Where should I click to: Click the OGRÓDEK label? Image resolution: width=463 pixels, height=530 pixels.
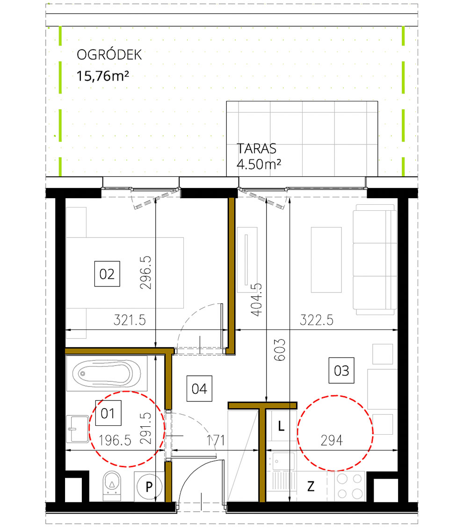(109, 55)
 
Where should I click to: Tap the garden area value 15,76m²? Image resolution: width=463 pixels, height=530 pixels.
(103, 76)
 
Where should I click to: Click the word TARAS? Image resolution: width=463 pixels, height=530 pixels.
(257, 149)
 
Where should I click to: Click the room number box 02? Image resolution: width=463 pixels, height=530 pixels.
(107, 274)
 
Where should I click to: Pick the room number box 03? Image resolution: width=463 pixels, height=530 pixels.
(341, 371)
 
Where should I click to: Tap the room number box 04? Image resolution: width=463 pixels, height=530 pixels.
(199, 389)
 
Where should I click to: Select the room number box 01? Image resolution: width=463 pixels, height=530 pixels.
(108, 413)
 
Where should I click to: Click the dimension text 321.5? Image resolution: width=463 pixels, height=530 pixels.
(130, 321)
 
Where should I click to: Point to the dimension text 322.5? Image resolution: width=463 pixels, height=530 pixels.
(317, 321)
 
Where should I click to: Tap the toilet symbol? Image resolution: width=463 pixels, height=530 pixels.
(112, 485)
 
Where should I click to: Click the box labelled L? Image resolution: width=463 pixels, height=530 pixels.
(281, 426)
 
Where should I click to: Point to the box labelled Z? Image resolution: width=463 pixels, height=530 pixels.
(311, 487)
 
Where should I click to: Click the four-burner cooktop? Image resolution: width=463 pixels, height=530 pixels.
(350, 486)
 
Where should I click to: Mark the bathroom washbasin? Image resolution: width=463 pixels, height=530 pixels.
(78, 428)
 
